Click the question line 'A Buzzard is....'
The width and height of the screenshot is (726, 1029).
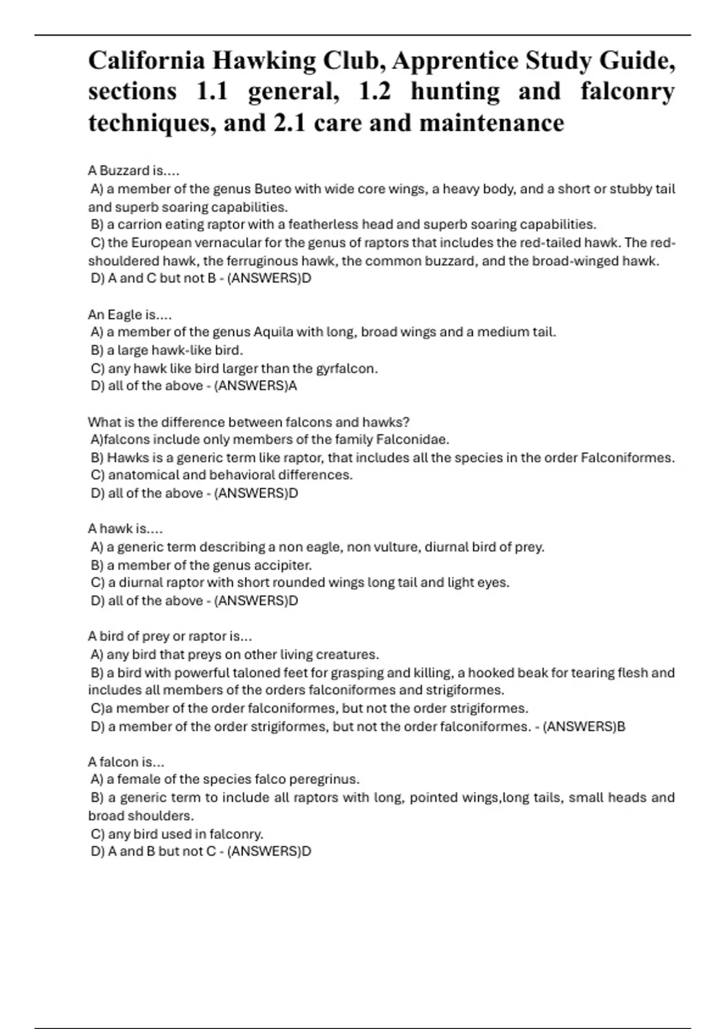coord(134,171)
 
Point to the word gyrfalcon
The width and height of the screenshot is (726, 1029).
coord(347,368)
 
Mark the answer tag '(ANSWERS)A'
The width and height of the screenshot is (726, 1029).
coord(256,386)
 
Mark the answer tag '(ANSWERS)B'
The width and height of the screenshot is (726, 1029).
coord(584,726)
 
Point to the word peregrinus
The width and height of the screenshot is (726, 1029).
coord(324,780)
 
